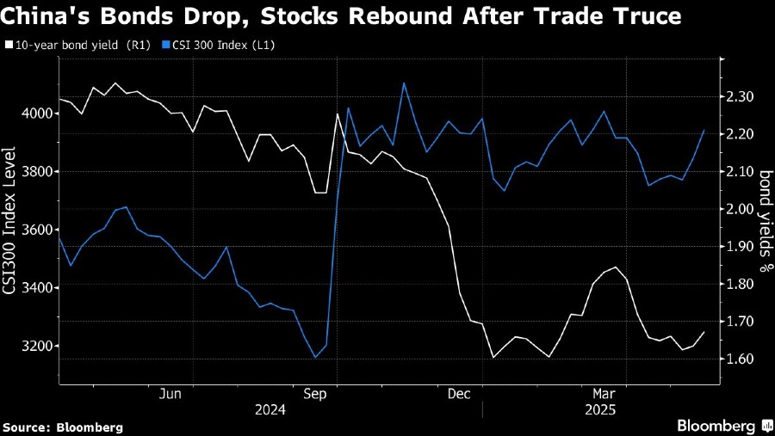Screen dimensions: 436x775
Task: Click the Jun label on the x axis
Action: [170, 394]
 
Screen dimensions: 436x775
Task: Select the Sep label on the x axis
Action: [315, 394]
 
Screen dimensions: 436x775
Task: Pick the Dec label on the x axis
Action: [458, 394]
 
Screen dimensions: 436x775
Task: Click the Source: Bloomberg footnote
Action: [63, 427]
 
